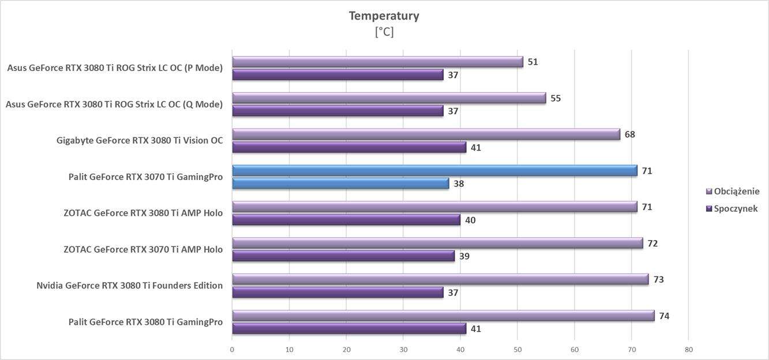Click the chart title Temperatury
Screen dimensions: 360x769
[384, 16]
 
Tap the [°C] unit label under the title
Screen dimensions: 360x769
[384, 32]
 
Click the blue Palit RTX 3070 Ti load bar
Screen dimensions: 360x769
[434, 170]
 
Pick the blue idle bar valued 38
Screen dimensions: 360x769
[340, 183]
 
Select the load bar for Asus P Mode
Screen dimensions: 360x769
[377, 62]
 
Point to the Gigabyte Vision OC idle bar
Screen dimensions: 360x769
[349, 147]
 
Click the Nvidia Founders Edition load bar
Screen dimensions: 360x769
[440, 279]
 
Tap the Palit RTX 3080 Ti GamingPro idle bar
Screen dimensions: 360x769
[349, 328]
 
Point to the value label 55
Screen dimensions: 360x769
[556, 98]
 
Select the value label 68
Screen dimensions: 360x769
[629, 134]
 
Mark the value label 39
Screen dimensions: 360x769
[464, 256]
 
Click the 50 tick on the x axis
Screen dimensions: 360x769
[517, 350]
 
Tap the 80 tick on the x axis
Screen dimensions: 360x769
[688, 350]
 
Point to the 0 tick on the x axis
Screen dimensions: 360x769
[232, 350]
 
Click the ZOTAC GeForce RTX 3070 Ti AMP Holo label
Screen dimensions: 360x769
[143, 250]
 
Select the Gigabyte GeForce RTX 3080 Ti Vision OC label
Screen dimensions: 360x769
[140, 141]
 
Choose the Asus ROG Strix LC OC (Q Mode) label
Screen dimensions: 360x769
[114, 104]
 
